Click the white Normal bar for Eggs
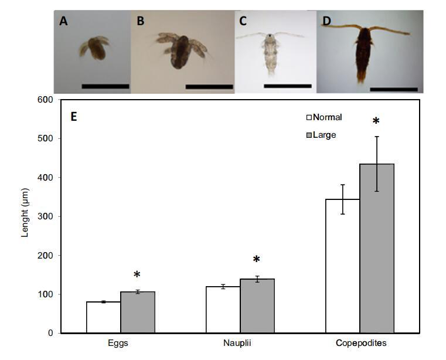pos(103,317)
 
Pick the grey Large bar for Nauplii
pos(257,305)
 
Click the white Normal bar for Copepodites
pos(342,266)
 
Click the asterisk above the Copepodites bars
pos(376,121)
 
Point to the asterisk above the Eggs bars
pos(137,275)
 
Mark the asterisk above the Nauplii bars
pos(256,260)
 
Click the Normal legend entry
pos(324,117)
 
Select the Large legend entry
pos(321,135)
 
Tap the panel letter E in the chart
pos(74,116)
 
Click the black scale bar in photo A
pos(105,86)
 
